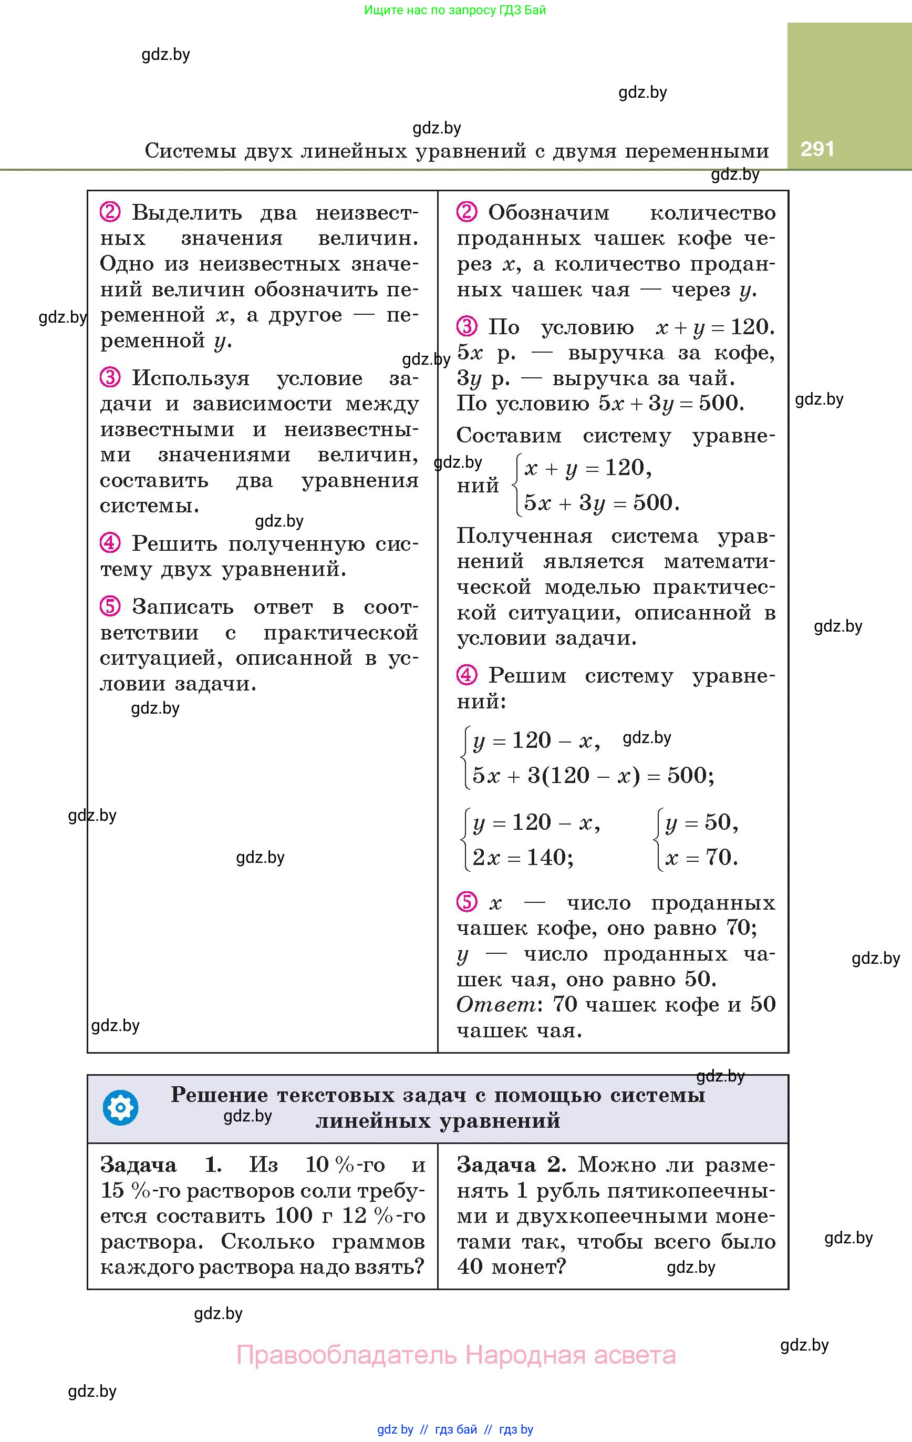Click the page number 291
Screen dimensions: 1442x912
(817, 149)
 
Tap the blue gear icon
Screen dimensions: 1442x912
(120, 1108)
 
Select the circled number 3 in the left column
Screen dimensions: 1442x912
(110, 378)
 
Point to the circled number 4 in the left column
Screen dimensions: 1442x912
(110, 543)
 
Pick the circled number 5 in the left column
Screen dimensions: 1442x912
(110, 606)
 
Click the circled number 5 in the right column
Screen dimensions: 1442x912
(467, 902)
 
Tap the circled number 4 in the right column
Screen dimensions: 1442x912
(467, 675)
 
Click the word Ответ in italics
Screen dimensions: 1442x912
(496, 1004)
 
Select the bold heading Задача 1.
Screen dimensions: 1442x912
(160, 1165)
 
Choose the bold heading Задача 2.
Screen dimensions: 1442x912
(511, 1165)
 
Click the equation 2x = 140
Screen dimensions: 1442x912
(522, 858)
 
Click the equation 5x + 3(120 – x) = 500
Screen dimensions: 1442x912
(592, 776)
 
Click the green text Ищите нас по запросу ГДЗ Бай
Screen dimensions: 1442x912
(455, 10)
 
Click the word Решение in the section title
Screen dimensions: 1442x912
(219, 1095)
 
